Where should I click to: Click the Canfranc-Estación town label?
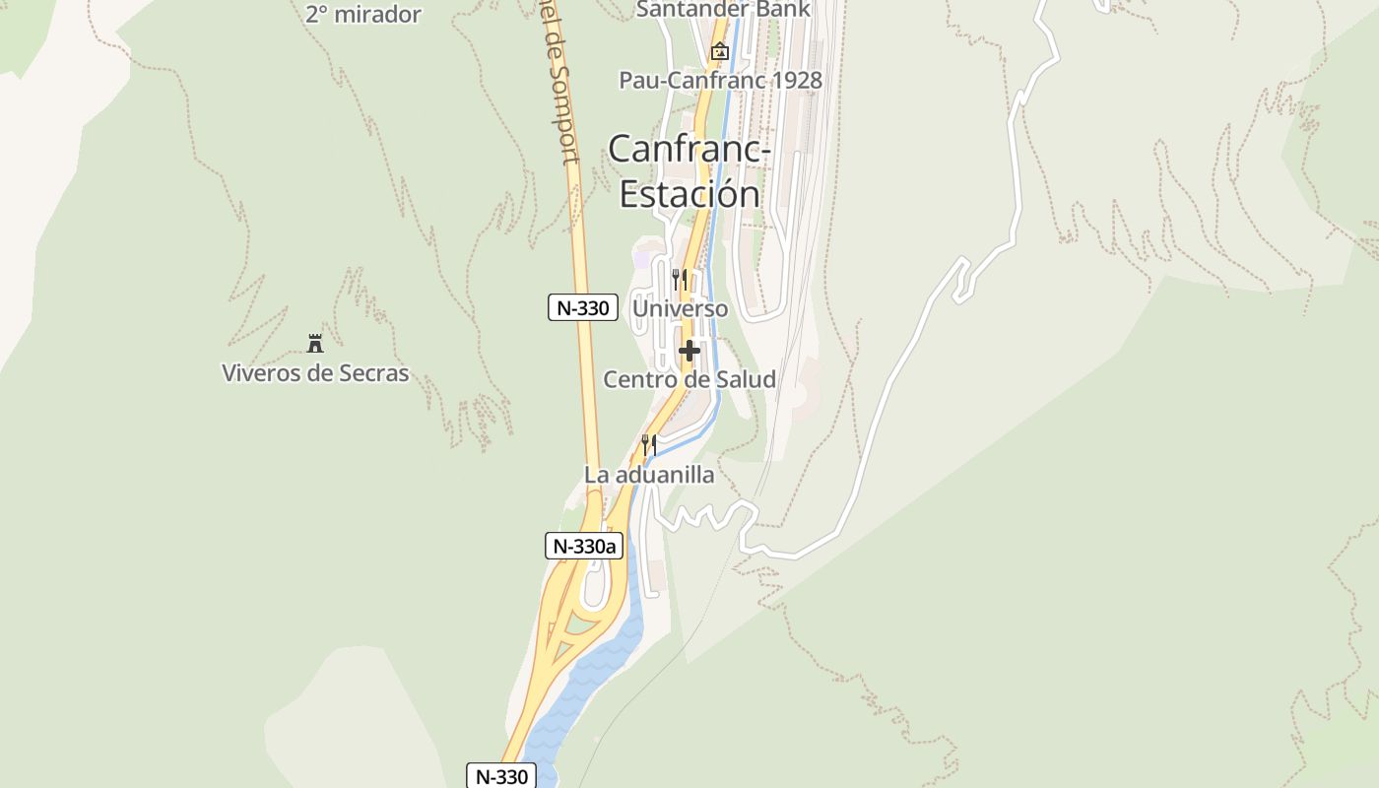[689, 170]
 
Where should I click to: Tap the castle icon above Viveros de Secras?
[315, 344]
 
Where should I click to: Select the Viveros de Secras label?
[315, 373]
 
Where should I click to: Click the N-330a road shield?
[584, 546]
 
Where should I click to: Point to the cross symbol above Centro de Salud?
[689, 350]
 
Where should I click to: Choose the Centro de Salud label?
[689, 379]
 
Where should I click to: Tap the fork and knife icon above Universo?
[680, 280]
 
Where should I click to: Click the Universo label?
[681, 308]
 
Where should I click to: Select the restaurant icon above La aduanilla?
[648, 445]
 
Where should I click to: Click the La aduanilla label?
[649, 475]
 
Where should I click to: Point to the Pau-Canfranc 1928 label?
[720, 80]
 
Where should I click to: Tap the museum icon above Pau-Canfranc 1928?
[720, 51]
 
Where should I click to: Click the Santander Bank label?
[723, 10]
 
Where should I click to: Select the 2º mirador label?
[363, 15]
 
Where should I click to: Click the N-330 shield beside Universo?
[582, 307]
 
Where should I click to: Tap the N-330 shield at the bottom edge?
[501, 775]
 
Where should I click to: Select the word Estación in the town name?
[689, 193]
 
